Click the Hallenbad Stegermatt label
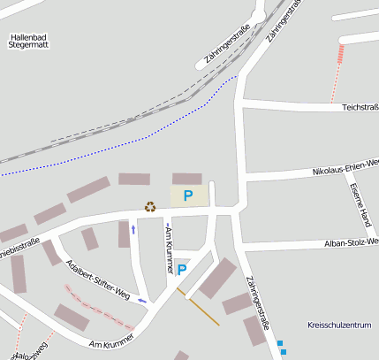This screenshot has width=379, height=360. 31,42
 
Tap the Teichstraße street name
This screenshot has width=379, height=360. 360,107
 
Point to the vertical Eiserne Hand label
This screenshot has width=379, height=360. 361,203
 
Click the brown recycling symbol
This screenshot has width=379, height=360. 150,206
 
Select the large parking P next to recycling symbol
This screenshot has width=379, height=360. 187,195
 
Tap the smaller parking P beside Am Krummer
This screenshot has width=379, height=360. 182,269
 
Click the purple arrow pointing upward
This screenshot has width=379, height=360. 133,229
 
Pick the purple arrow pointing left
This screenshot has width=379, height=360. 142,301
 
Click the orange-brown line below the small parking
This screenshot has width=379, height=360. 203,311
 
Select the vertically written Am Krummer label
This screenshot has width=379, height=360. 167,249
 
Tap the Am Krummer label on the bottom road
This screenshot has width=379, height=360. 111,340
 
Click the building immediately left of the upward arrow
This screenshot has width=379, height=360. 124,234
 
